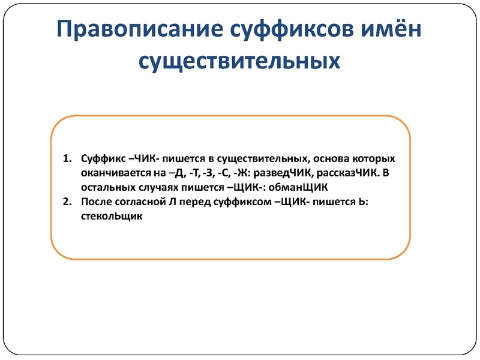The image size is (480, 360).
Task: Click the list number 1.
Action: point(67,160)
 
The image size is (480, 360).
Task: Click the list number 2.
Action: point(67,203)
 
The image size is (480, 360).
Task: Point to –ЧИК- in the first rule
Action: point(143,160)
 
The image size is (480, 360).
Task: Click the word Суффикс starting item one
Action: point(101,160)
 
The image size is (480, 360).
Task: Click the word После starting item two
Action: point(94,203)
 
